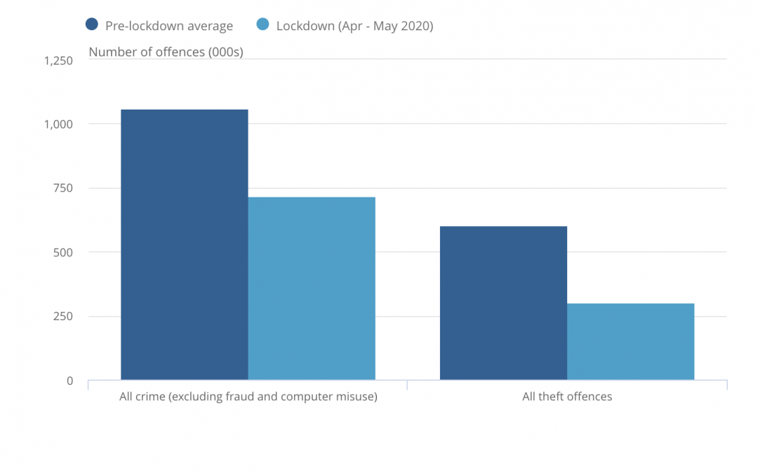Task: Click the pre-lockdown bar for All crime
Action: (184, 245)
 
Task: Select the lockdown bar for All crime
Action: (312, 289)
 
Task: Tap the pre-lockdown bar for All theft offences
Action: (503, 303)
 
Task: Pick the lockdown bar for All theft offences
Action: (630, 342)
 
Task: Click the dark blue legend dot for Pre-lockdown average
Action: (92, 24)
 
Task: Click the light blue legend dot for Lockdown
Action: (262, 24)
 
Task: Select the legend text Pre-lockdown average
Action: (169, 26)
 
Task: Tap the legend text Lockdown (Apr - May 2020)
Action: (355, 26)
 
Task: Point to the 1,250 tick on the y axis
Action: (58, 61)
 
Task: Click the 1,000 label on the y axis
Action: (58, 125)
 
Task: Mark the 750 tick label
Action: (63, 188)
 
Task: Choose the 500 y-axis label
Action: (63, 253)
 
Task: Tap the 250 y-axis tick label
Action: (63, 316)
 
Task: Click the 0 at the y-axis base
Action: (69, 381)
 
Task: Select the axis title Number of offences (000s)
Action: (166, 52)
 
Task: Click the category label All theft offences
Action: (567, 397)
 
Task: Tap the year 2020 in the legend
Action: (415, 26)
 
